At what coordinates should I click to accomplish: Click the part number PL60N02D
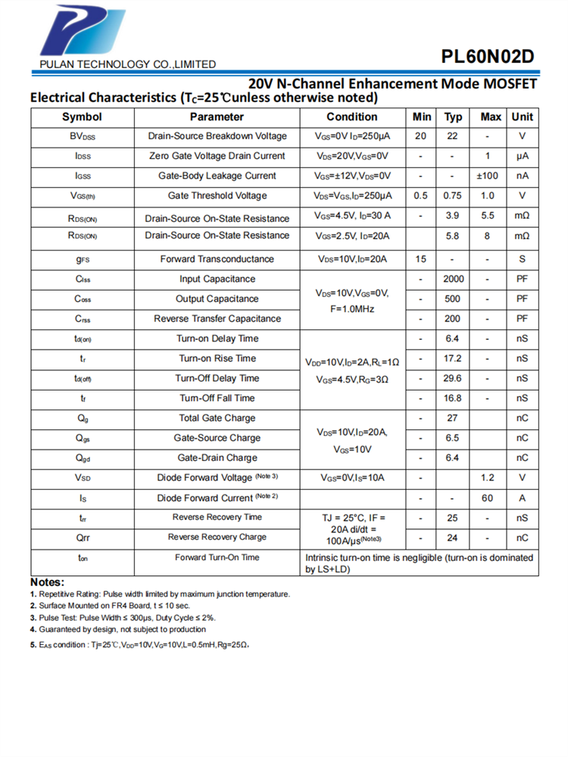pos(488,56)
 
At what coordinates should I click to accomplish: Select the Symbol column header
pos(82,117)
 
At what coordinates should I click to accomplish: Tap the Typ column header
pos(453,117)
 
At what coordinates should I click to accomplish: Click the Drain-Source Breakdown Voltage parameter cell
pos(217,136)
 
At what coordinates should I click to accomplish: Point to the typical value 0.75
pos(453,195)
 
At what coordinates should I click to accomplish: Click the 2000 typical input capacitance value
pos(453,279)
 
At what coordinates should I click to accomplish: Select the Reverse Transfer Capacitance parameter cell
pos(217,319)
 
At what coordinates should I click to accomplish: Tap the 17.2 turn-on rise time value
pos(453,358)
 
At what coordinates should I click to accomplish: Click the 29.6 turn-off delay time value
pos(453,378)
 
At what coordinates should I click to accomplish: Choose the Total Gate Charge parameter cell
pos(217,418)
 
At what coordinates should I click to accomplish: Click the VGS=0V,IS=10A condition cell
pos(352,478)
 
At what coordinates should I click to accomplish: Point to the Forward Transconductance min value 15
pos(420,259)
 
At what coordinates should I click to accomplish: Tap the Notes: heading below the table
pos(47,582)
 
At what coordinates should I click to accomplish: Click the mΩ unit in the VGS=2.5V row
pos(522,236)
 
